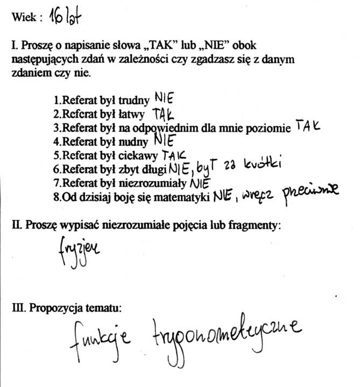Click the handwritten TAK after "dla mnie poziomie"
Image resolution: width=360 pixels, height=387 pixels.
pos(308,126)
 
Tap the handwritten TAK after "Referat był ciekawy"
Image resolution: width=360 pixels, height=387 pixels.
pos(174,155)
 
